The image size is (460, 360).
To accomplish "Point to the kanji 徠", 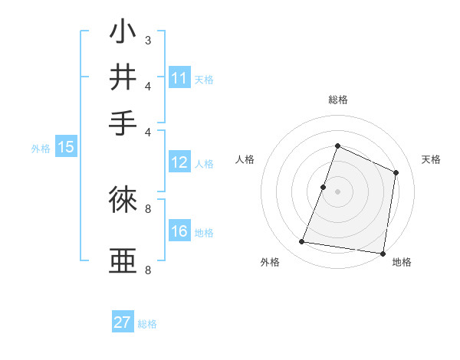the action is coord(123,200).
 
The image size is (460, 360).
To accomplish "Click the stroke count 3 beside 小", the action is coord(147,40).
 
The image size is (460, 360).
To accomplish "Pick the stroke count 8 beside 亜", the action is coord(147,270).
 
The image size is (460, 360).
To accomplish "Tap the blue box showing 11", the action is coord(179,78).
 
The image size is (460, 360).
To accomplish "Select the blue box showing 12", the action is coord(179,162).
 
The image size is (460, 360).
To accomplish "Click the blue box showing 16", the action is coord(179,231).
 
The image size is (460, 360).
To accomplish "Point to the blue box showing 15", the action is coord(65,148).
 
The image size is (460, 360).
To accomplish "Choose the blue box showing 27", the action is coord(122,322).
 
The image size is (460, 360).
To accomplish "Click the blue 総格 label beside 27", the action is coord(147,324).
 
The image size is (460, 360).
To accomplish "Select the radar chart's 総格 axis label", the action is coord(337,100).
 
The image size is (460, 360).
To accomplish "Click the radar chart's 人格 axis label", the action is coord(245,159).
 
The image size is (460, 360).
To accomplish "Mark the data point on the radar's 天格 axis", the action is coord(396,172).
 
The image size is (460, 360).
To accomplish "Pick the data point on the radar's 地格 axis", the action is coord(382,253).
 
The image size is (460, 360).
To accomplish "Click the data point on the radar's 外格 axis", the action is coord(302,242).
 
